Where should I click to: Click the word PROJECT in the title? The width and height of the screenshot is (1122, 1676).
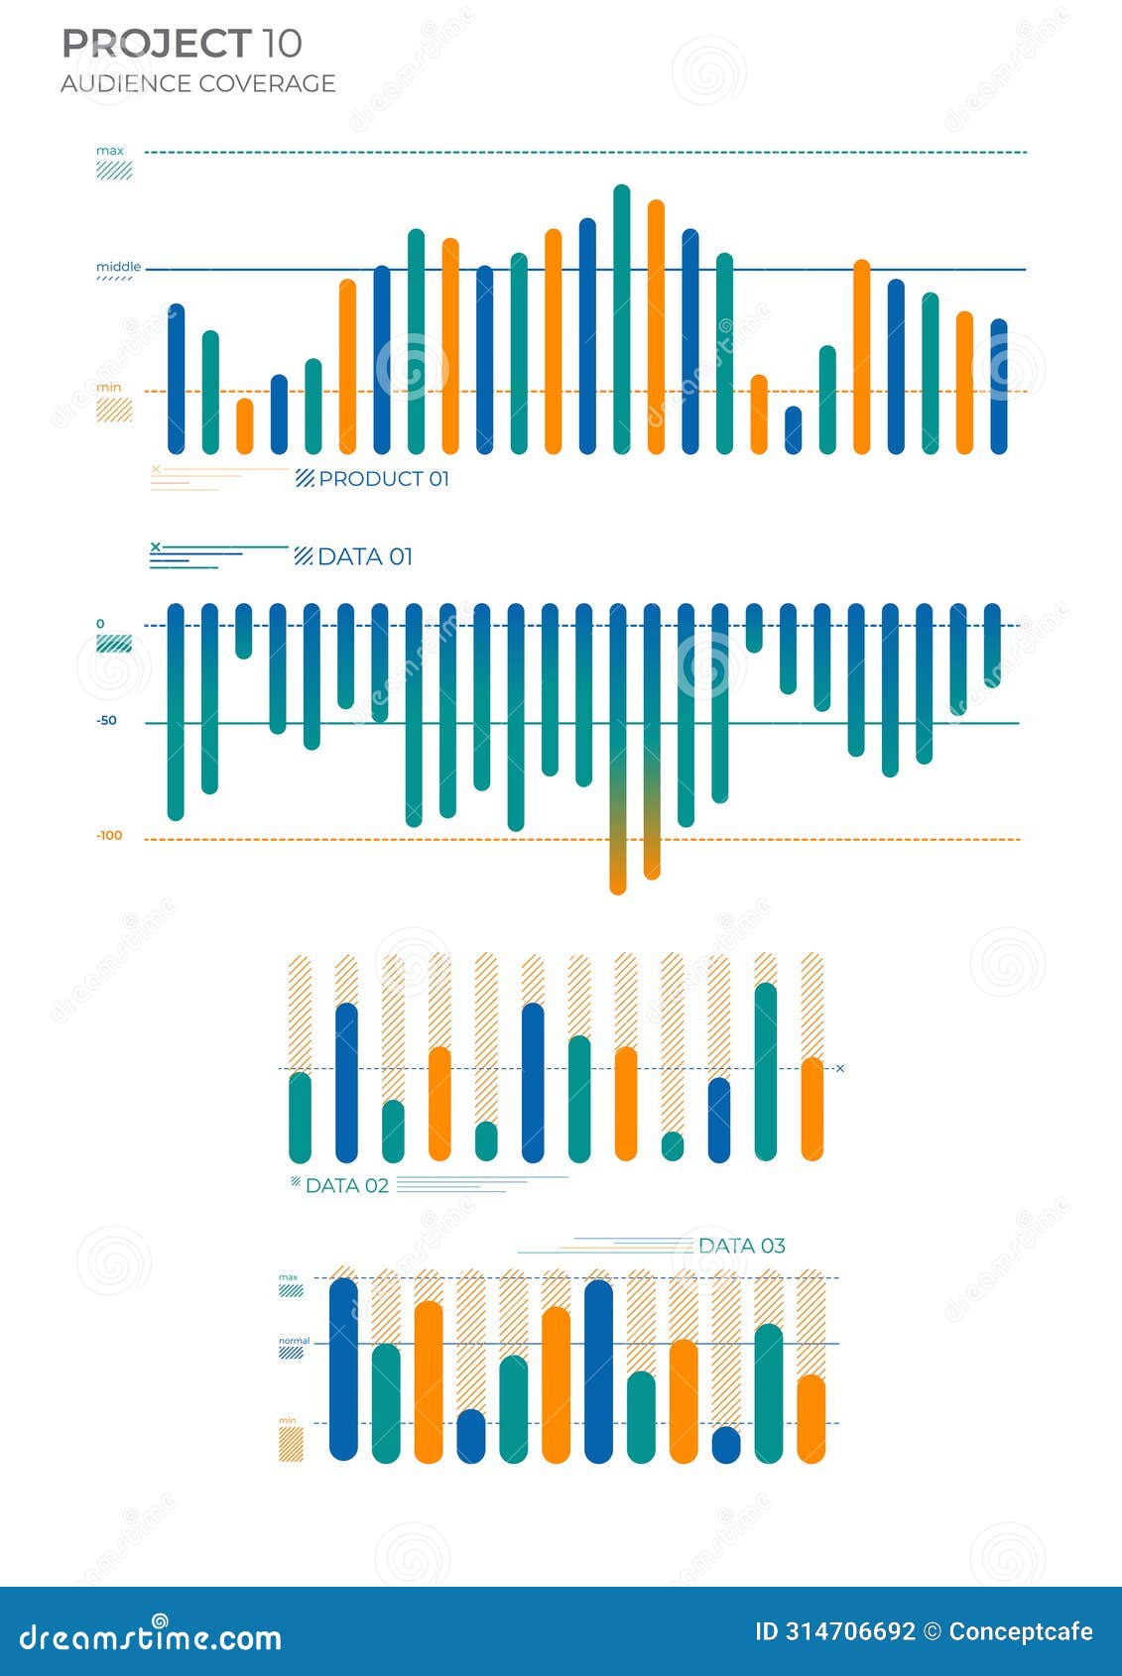156,44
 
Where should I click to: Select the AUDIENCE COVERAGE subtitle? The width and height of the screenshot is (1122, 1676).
197,83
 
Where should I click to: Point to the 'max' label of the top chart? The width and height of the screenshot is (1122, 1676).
110,151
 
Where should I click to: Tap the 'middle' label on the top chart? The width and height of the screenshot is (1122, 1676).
118,267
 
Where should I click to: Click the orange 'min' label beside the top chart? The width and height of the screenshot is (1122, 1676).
109,388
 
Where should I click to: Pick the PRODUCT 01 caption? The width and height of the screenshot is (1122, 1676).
383,479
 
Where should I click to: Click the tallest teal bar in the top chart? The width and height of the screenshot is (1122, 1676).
621,317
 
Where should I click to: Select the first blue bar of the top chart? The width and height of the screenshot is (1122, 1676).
176,377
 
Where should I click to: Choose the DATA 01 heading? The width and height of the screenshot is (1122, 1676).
364,557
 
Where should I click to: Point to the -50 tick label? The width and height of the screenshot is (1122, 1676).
106,721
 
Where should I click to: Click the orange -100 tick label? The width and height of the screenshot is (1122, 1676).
109,836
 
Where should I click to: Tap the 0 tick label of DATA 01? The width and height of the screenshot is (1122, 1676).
100,624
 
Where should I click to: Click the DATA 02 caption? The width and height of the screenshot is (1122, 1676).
346,1186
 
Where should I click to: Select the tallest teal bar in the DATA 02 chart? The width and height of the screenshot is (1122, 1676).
765,1071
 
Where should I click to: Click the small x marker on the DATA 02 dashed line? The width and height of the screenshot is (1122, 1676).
840,1069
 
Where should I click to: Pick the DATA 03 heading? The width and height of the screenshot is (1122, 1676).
741,1246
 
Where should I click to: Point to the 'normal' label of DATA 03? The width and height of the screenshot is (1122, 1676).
294,1341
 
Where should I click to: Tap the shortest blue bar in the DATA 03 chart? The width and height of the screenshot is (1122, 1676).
726,1445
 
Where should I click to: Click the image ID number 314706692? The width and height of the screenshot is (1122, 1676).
850,1631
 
